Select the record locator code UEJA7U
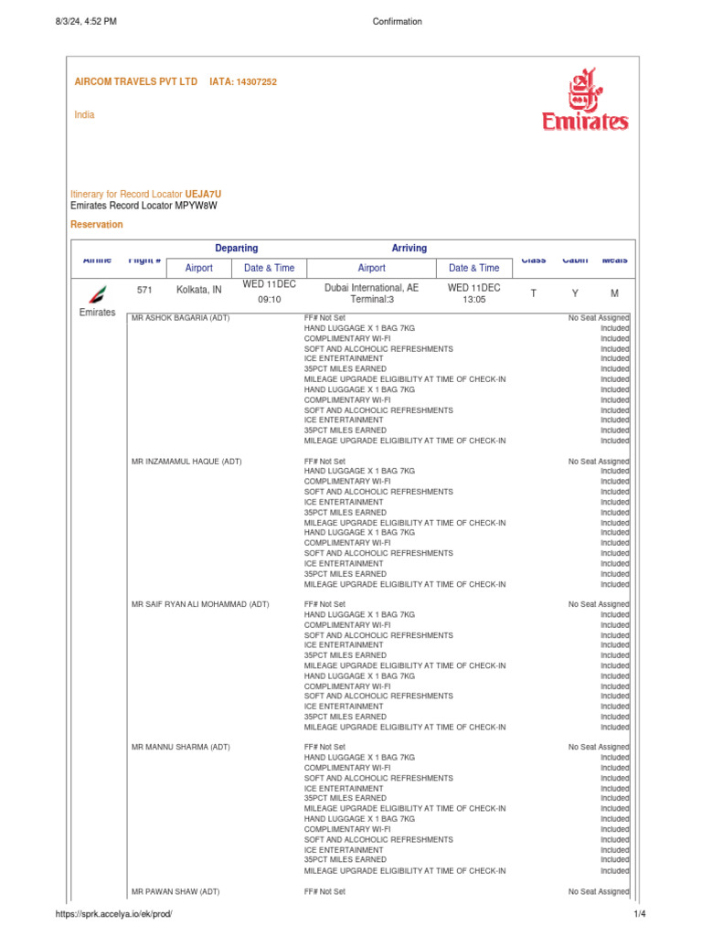203,195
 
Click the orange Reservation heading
97,225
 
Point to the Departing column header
236,248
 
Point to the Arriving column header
409,248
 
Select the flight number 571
144,289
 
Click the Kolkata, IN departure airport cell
198,289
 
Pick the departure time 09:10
269,299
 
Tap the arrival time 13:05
473,299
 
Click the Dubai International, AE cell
371,287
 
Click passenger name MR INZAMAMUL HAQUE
186,462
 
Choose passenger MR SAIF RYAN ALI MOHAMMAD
200,604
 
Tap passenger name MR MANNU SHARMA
181,747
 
